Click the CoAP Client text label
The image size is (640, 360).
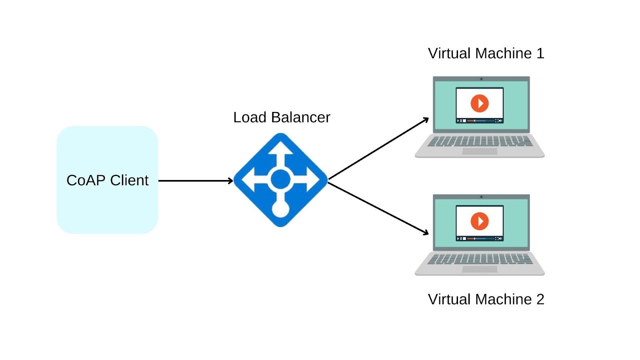(107, 180)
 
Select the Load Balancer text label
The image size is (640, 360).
(282, 118)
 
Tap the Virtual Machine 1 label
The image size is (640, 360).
(486, 54)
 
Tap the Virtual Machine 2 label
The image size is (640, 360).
(486, 300)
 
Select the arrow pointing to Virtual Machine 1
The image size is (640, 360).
(378, 149)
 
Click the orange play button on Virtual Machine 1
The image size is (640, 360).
(480, 103)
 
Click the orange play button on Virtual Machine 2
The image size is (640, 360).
(480, 221)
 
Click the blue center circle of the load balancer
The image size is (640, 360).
(280, 179)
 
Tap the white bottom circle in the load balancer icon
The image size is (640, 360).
(280, 209)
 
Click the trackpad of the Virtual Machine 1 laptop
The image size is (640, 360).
(480, 152)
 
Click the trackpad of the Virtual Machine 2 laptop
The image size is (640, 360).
(480, 269)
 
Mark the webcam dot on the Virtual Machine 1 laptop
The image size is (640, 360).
(481, 79)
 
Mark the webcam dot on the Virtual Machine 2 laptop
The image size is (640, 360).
(481, 197)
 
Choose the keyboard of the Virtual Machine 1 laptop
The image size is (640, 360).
(480, 141)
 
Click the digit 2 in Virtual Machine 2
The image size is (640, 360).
(540, 300)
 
